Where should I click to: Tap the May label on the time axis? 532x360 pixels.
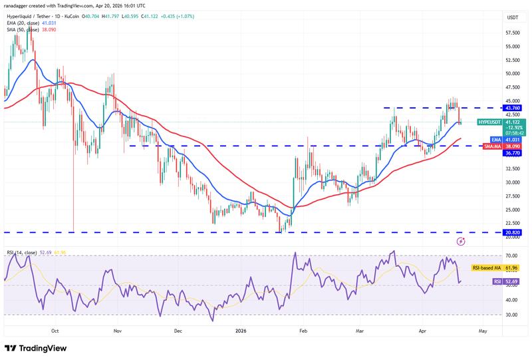(483, 330)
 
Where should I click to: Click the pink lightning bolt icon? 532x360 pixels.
(460, 240)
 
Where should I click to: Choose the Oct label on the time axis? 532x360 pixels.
(55, 330)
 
